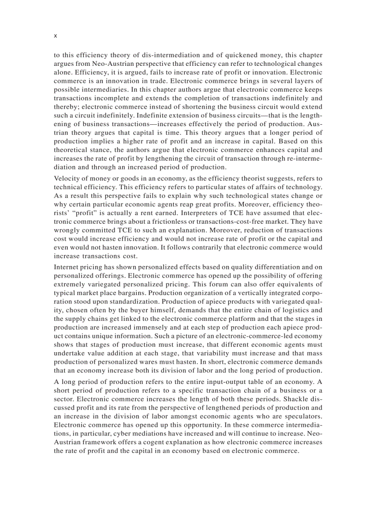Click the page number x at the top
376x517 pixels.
[x=56, y=35]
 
